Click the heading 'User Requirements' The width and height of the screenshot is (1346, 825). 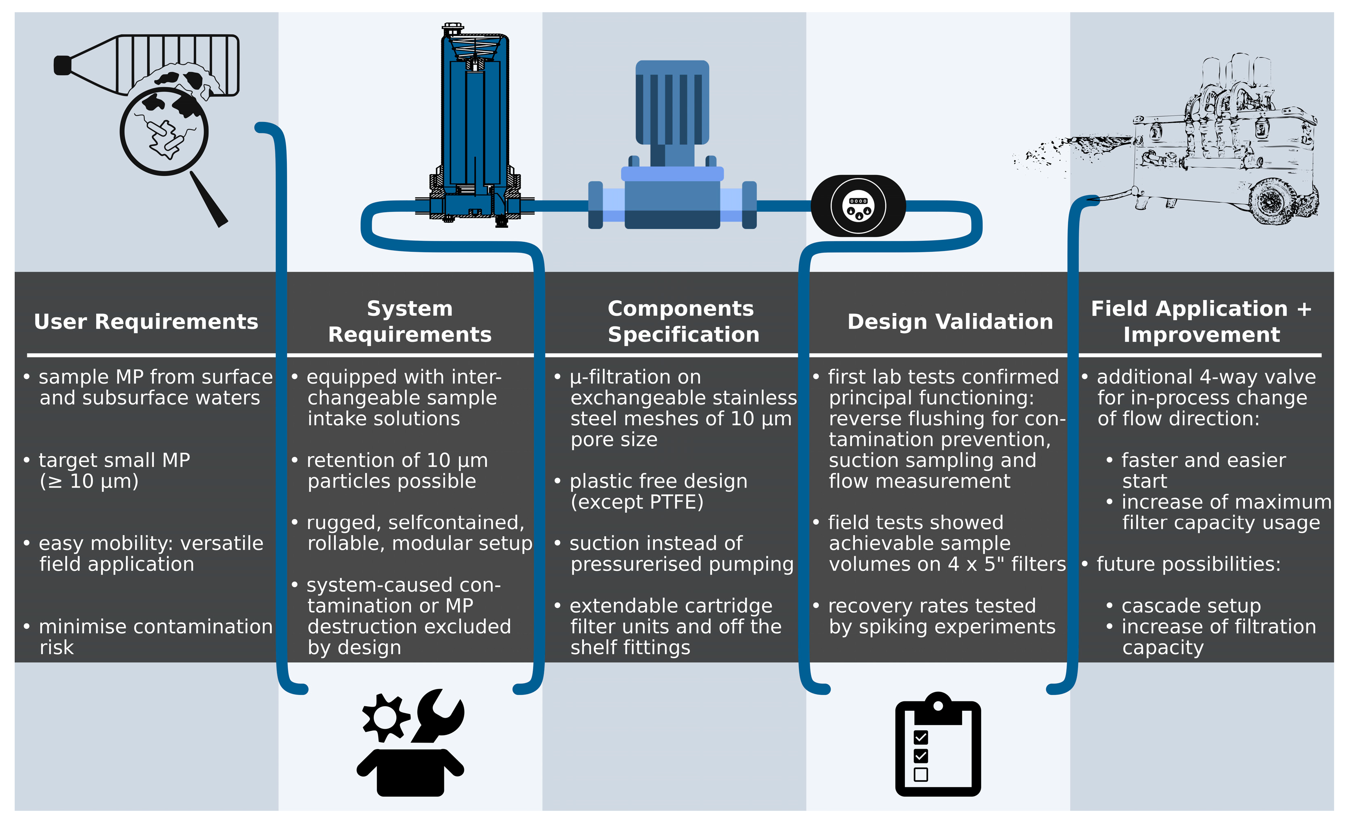click(x=146, y=322)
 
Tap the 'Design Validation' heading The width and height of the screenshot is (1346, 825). click(x=950, y=322)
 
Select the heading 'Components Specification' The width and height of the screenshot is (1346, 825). click(x=683, y=321)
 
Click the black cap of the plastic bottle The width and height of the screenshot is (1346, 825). click(x=62, y=65)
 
